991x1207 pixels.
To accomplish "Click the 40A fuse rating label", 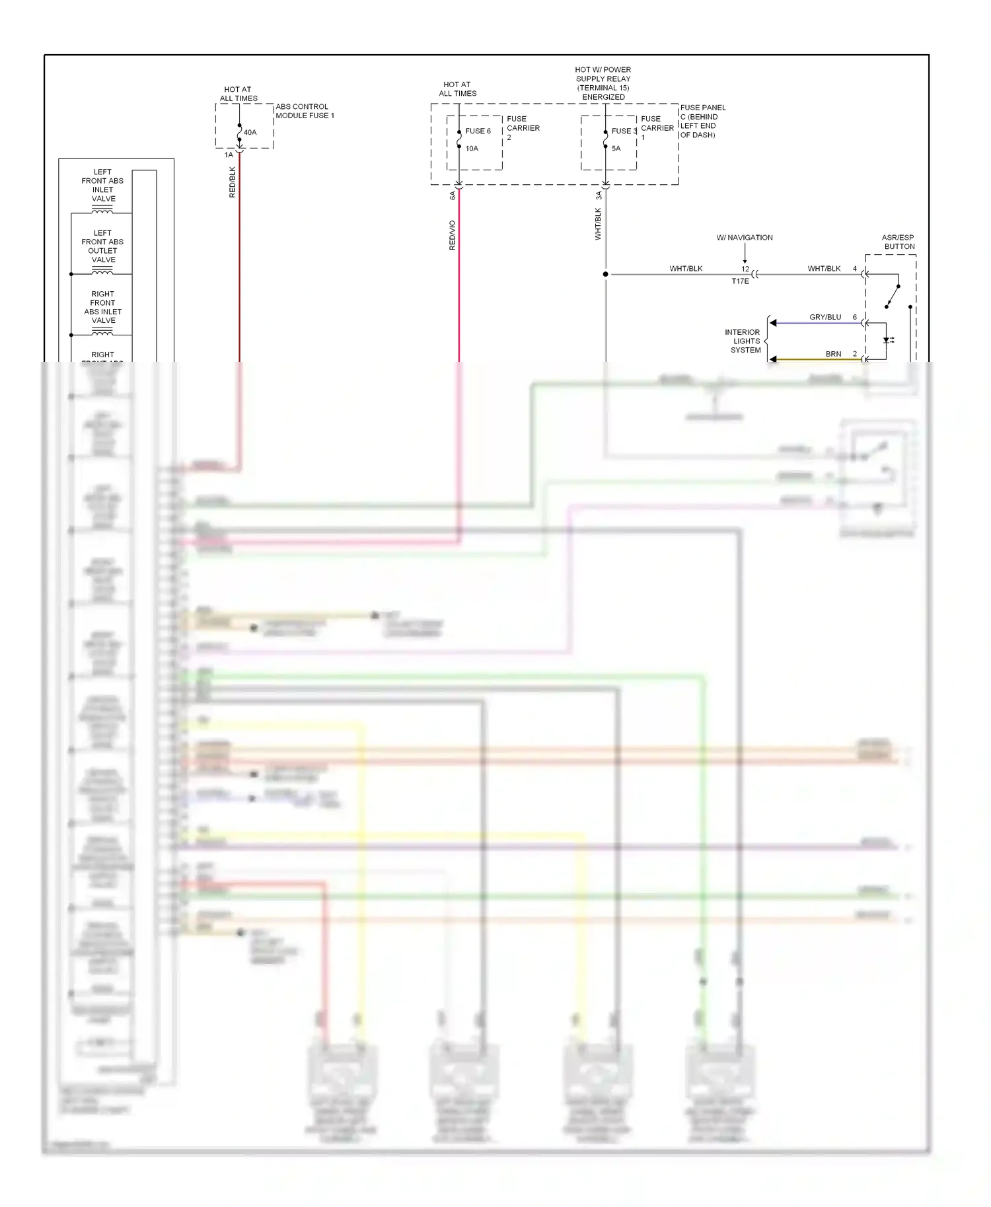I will [x=250, y=132].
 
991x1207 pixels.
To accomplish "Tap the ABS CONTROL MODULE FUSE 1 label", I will [x=305, y=111].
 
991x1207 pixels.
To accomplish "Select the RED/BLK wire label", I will [x=233, y=182].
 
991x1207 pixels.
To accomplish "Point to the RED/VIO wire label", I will [x=453, y=235].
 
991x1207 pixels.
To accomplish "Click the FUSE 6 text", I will [x=478, y=131].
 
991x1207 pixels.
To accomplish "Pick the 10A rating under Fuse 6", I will [x=472, y=149].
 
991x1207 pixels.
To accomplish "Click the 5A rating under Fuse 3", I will [x=616, y=149].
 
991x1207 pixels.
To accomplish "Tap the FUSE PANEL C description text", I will [x=702, y=121].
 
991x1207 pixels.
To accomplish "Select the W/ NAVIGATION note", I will [x=745, y=238].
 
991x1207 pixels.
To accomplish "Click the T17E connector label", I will [x=740, y=281].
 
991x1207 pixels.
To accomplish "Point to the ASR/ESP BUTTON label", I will [x=899, y=242].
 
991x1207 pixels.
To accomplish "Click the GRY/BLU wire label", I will [x=825, y=317].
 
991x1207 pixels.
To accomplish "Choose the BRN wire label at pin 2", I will [x=833, y=354].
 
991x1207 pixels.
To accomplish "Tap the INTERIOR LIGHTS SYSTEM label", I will [x=743, y=341].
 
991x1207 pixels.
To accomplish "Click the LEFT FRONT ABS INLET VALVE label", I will [x=103, y=185].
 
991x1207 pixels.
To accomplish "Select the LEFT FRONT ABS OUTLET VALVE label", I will [x=103, y=246].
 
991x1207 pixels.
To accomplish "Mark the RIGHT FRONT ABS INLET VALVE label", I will [x=103, y=307].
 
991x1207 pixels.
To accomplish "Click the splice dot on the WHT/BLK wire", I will [x=605, y=274].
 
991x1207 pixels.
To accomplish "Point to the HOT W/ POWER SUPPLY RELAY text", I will [x=603, y=83].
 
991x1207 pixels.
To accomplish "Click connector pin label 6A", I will [x=453, y=195].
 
